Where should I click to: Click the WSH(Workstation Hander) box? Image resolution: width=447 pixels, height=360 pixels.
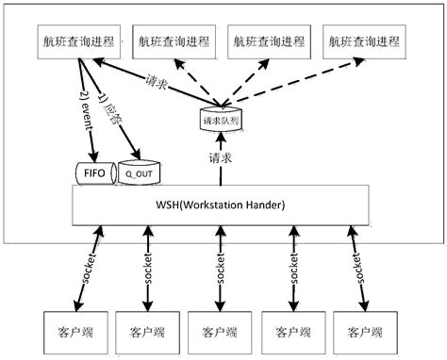[x=217, y=205]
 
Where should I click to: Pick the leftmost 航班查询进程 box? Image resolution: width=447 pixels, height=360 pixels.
[x=77, y=42]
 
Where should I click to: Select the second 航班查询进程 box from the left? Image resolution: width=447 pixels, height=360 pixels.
[x=172, y=41]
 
